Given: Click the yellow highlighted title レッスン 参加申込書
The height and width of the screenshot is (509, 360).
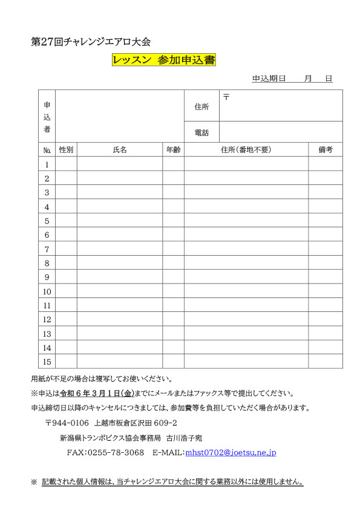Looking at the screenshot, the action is coord(164,60).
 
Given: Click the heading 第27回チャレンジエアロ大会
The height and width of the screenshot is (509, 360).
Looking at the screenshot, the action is coord(90,42).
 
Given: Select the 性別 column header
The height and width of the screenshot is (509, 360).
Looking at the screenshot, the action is coord(66,150).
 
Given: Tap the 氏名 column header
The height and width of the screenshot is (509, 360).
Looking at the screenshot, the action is coord(120,150).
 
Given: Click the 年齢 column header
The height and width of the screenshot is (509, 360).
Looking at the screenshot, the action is coord(173,150).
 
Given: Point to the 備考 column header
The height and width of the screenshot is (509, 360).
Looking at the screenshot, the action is coord(326,150).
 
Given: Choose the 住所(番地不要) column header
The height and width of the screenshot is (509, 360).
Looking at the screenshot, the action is coord(246,150).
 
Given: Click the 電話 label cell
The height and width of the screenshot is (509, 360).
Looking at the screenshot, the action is coord(201,132).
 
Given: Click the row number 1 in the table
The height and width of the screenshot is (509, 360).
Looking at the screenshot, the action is coord(47,164).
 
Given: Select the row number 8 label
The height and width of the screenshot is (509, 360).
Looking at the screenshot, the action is coord(47,263).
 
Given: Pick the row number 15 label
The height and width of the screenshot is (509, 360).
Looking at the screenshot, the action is coord(47,361).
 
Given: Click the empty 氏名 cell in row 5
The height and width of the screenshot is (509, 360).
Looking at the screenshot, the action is coord(120,221).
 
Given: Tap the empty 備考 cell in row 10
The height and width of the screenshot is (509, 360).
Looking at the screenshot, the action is coord(326,291).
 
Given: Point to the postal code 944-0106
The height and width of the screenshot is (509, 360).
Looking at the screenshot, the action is coord(70,423).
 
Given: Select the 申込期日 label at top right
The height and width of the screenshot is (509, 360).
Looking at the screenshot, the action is coord(269,79).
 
